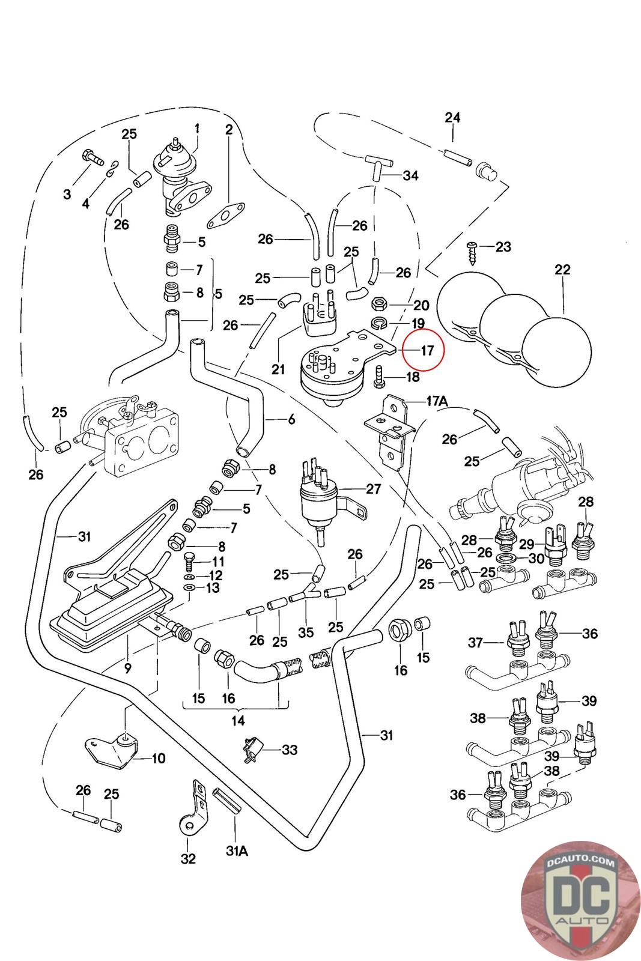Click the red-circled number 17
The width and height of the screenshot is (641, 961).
pos(427,351)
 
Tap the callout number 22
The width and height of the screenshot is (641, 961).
pos(562,270)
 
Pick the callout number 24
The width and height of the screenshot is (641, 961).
pos(452,118)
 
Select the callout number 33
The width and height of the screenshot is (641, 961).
pos(289,750)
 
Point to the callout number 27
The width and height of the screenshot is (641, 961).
pos(373,489)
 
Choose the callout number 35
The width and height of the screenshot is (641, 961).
pos(306,631)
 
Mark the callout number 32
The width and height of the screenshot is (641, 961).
pos(188,859)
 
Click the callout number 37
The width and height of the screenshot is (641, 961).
pos(476,643)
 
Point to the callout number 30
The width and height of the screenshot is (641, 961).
pos(536,559)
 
